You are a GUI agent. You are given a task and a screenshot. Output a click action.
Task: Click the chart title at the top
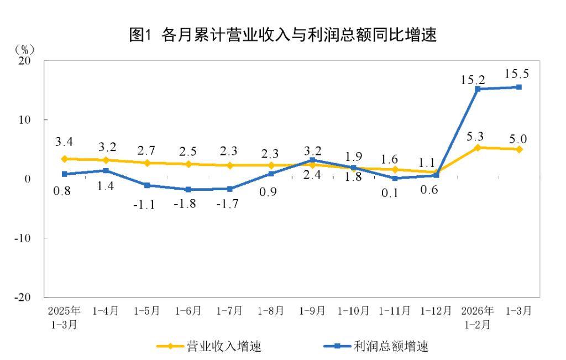coord(283,35)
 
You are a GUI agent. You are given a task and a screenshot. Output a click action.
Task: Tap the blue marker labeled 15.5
coord(519,87)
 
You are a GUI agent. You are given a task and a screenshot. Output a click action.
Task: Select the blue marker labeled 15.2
coord(478,88)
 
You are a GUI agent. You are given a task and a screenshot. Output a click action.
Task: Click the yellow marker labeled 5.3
coord(478,148)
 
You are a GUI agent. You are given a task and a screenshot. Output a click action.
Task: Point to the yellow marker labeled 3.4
coord(64,159)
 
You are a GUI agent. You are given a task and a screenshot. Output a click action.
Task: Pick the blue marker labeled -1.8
coord(188,189)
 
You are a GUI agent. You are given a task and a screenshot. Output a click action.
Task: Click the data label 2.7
coord(146,150)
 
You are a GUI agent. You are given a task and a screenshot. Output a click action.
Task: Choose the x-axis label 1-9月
coord(312,311)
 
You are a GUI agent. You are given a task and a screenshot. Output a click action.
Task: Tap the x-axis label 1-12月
coord(436,311)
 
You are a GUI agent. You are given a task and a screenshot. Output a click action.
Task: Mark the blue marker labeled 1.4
coord(106,170)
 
